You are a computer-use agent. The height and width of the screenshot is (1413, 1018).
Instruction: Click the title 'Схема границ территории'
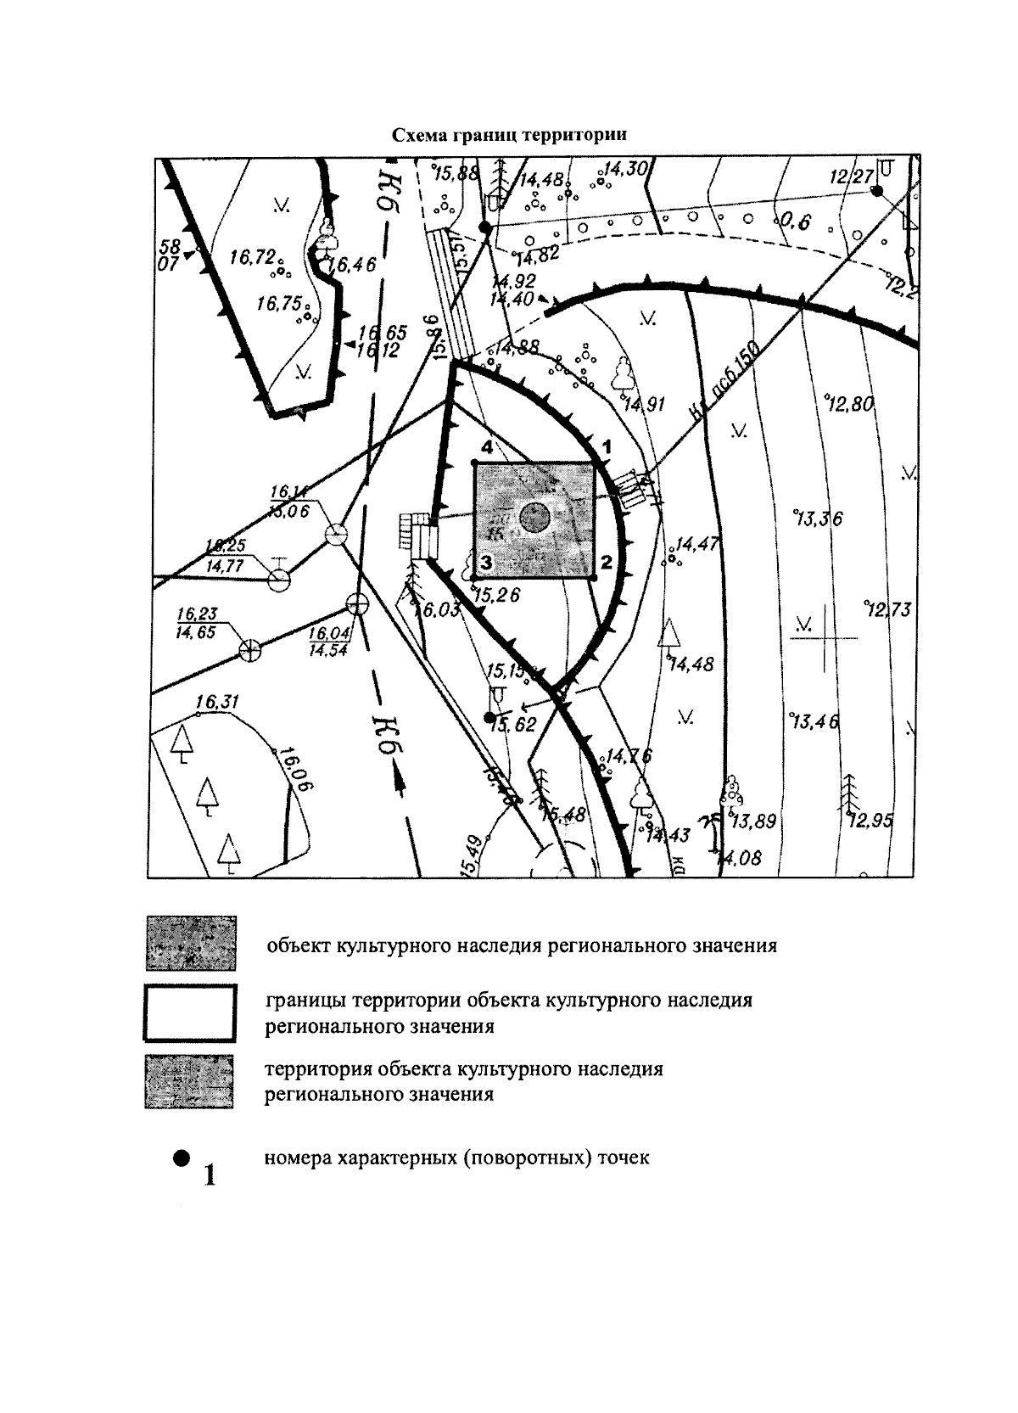point(509,135)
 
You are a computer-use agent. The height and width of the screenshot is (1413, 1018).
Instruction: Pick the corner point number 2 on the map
point(594,580)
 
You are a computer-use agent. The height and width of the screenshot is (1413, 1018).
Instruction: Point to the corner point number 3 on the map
point(474,580)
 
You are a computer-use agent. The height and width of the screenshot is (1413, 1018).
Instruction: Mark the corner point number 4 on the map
point(474,463)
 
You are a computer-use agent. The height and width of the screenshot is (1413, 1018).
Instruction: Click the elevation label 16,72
point(251,258)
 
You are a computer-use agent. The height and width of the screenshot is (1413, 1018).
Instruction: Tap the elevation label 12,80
point(849,404)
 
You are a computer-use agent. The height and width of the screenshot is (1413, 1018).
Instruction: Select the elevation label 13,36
point(817,519)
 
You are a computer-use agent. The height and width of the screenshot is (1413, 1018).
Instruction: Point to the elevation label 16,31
point(217,702)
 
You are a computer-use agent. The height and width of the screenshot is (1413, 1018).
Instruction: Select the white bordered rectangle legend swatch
point(190,1012)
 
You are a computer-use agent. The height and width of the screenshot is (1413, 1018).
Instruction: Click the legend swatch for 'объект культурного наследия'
point(190,943)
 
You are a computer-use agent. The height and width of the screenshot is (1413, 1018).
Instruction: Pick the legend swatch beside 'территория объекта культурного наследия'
point(190,1081)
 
